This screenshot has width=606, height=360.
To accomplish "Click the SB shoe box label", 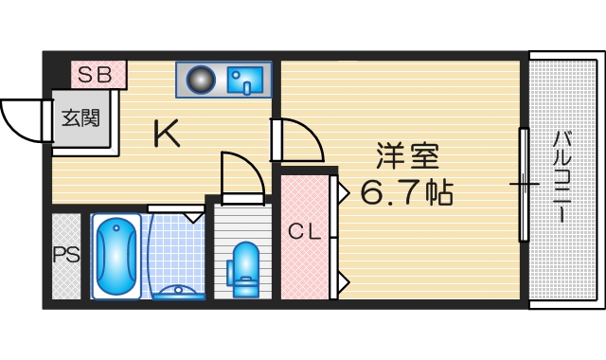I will (95, 73).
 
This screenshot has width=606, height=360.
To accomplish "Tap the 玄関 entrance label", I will (81, 118).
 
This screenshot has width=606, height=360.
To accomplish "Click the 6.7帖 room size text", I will (406, 192).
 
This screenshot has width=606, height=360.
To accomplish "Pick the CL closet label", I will (304, 230).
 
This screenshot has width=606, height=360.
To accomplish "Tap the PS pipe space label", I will (65, 255).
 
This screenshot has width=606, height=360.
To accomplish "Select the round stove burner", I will (201, 80).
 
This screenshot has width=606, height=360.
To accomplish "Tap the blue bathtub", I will (116, 255).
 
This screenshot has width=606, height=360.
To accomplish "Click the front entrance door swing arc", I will (22, 117).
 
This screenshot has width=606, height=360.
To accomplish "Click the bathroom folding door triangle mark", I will (194, 217).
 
